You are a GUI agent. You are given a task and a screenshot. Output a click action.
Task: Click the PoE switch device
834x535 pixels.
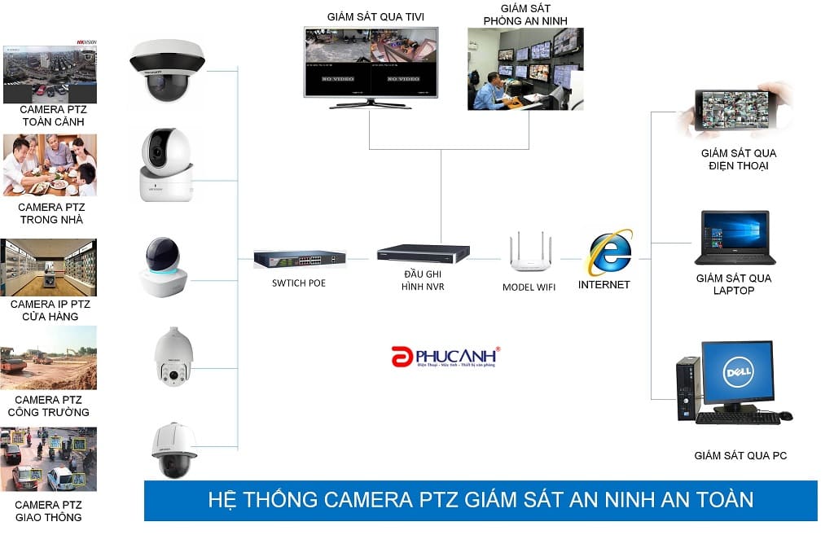[x=299, y=259]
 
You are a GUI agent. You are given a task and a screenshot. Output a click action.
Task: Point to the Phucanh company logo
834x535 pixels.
[x=445, y=357]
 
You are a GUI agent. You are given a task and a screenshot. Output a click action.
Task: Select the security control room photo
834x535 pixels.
[x=525, y=68]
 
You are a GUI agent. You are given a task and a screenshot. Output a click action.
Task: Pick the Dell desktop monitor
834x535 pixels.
[x=737, y=375]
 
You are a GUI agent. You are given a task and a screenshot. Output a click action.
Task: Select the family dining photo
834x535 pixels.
[x=50, y=165]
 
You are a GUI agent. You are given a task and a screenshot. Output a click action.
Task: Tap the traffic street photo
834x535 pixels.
[x=49, y=459]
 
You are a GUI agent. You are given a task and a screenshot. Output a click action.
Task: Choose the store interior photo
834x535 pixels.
[x=49, y=267]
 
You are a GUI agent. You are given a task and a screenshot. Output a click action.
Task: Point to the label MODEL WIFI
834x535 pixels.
[x=529, y=287]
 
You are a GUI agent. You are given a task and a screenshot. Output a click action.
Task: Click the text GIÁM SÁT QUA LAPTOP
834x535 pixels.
[x=734, y=284]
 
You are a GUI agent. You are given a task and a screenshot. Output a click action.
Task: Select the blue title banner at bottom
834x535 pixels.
[x=481, y=499]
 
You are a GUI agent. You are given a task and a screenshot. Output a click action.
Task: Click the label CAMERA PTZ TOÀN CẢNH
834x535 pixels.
[x=53, y=115]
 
